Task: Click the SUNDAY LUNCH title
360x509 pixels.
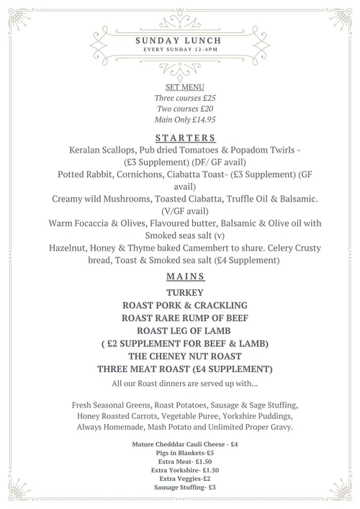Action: pos(180,41)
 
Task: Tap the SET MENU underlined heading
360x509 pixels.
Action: pos(180,86)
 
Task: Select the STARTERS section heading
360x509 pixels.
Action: pos(180,138)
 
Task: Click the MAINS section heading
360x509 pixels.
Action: pos(180,276)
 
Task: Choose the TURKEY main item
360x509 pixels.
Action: pos(180,293)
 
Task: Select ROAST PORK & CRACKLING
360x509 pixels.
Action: pos(180,305)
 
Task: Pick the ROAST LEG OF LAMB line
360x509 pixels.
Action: pos(180,330)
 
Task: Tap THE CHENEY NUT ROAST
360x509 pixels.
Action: pos(180,356)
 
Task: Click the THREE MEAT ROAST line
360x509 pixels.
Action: pos(180,369)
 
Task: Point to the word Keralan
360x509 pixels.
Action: pos(88,152)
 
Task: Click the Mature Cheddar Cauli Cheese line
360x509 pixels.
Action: pos(180,444)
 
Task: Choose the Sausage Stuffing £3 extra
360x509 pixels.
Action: pos(180,487)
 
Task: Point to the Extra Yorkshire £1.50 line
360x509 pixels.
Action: pos(180,470)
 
